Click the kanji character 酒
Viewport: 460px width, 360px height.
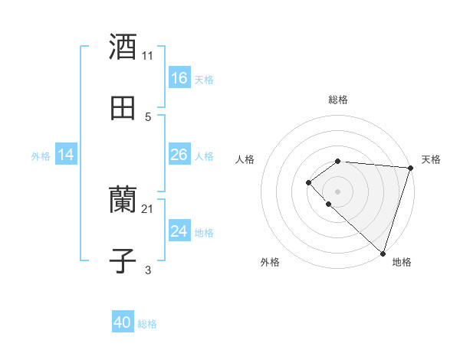tap(123, 47)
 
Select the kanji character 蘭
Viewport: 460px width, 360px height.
tap(123, 201)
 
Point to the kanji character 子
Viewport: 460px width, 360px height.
tap(123, 260)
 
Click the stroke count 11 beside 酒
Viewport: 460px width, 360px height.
tap(148, 56)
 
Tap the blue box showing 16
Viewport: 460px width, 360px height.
tap(179, 78)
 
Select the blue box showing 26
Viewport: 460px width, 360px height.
tap(179, 155)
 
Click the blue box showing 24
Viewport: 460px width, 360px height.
tap(179, 231)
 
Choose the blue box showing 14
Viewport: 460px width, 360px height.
tap(66, 155)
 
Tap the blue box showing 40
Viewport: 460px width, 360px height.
tap(123, 323)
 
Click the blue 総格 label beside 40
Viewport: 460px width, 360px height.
tap(147, 324)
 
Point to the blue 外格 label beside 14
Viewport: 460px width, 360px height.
tap(41, 156)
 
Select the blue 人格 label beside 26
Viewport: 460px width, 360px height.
tap(204, 155)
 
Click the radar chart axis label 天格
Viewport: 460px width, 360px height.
tap(431, 159)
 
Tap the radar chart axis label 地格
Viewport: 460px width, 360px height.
tap(402, 262)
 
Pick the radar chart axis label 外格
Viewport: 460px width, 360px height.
tap(270, 262)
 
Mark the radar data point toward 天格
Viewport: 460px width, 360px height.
tap(410, 167)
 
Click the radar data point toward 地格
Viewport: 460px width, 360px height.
tap(383, 253)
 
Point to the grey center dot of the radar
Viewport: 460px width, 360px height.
tap(337, 191)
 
